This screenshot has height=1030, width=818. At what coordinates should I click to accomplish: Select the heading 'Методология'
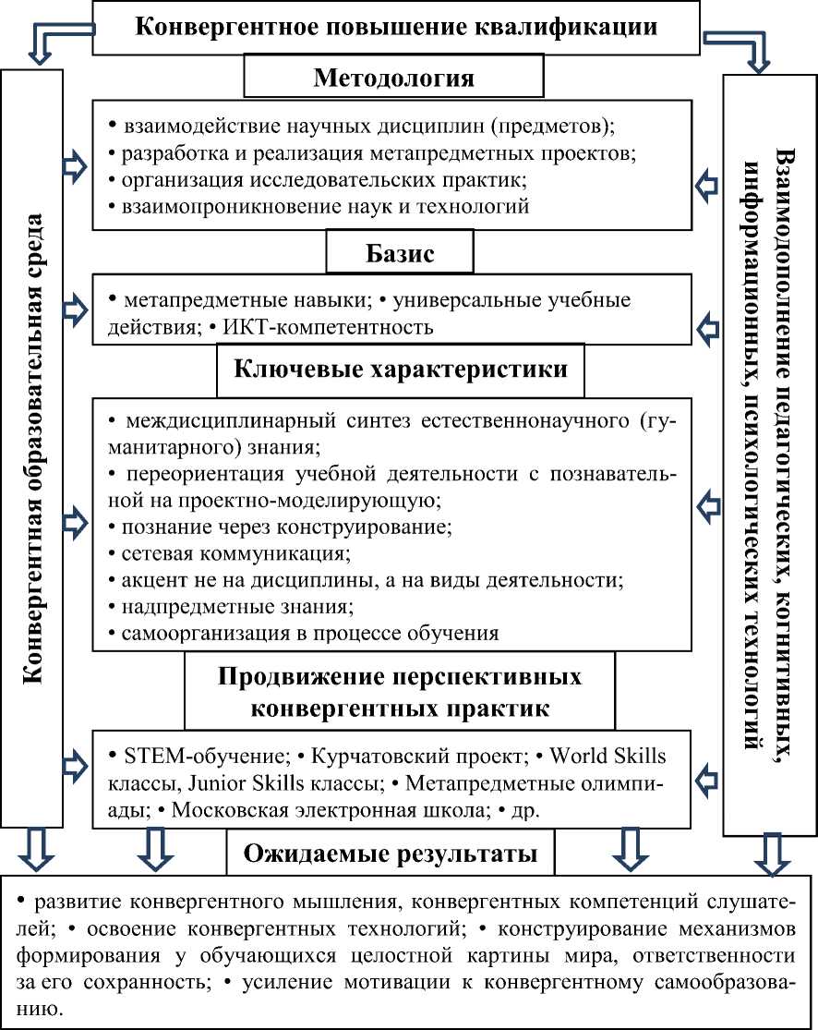tap(394, 78)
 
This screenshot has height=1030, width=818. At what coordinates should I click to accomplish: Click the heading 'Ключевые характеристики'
tap(402, 370)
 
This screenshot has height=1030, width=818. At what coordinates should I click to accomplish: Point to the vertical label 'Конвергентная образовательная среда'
tap(32, 448)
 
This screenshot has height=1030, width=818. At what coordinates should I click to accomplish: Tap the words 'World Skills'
tap(607, 756)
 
